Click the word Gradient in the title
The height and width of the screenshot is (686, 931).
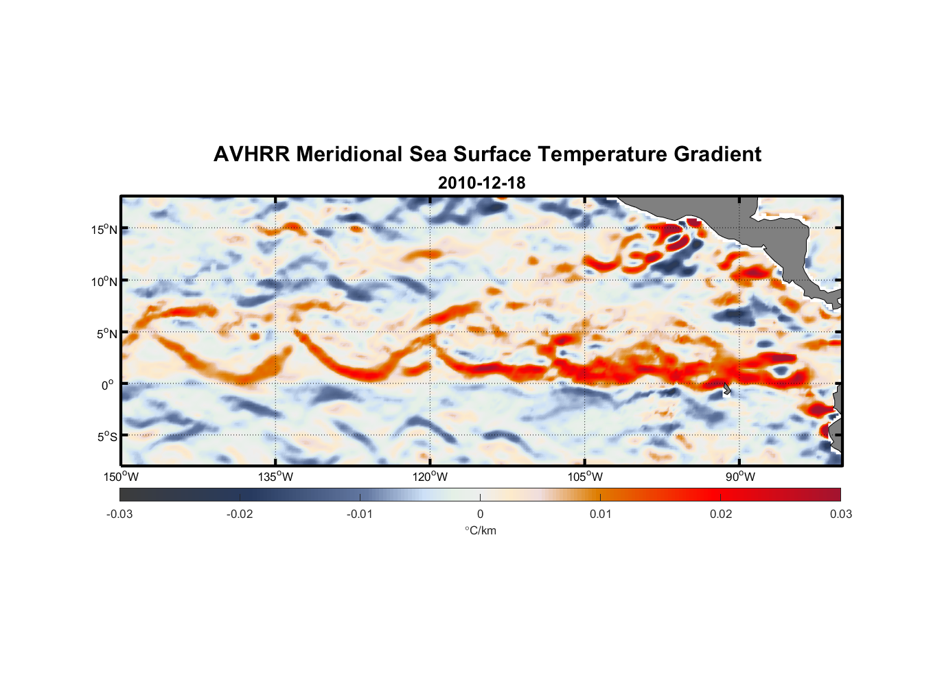717,154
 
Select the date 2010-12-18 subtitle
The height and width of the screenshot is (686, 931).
481,183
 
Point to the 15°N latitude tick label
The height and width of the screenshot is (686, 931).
104,229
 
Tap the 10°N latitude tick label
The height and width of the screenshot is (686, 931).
104,281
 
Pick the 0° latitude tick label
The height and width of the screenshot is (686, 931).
108,386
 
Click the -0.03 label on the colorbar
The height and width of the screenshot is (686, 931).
119,514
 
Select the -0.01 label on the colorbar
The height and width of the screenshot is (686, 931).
360,514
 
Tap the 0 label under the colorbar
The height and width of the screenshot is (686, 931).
480,514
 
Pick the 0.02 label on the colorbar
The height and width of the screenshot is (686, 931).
721,514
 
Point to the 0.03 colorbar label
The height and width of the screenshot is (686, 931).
840,514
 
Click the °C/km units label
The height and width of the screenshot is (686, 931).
481,531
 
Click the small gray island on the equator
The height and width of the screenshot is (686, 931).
726,389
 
